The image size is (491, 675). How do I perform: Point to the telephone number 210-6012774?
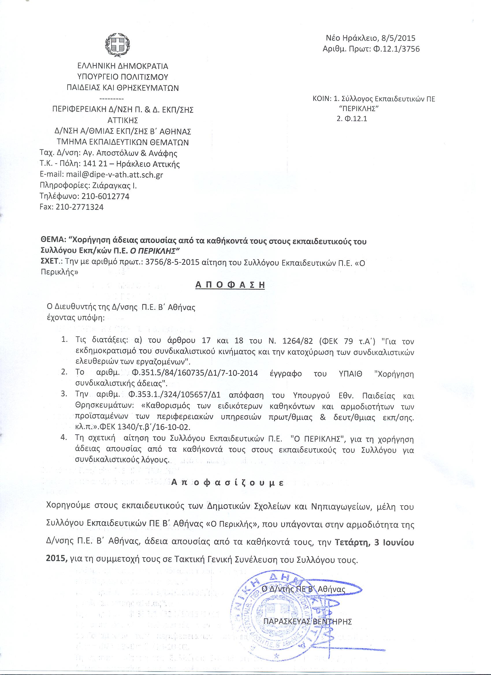[105, 196]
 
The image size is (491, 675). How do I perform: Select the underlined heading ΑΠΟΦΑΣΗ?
[230, 284]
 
